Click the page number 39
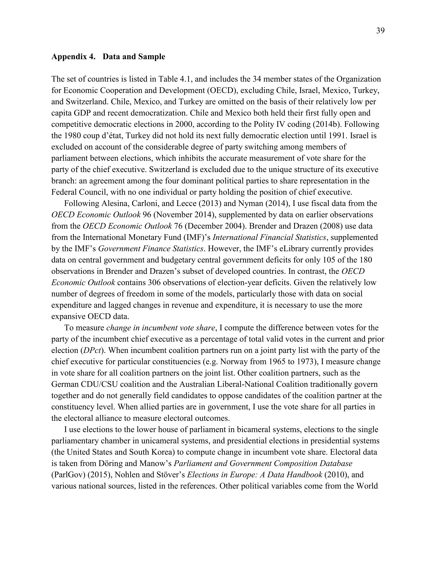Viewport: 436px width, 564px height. pos(380,31)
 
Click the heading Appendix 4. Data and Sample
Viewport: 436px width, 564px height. pos(108,57)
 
